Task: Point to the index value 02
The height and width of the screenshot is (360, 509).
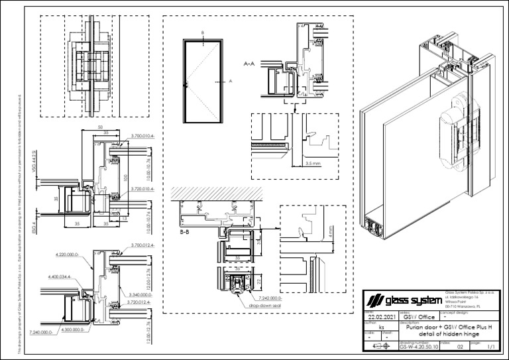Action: tap(460, 346)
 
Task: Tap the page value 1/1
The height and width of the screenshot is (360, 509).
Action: tap(490, 346)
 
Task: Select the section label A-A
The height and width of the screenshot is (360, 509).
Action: tap(250, 64)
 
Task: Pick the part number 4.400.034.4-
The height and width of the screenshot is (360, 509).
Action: tap(60, 276)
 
